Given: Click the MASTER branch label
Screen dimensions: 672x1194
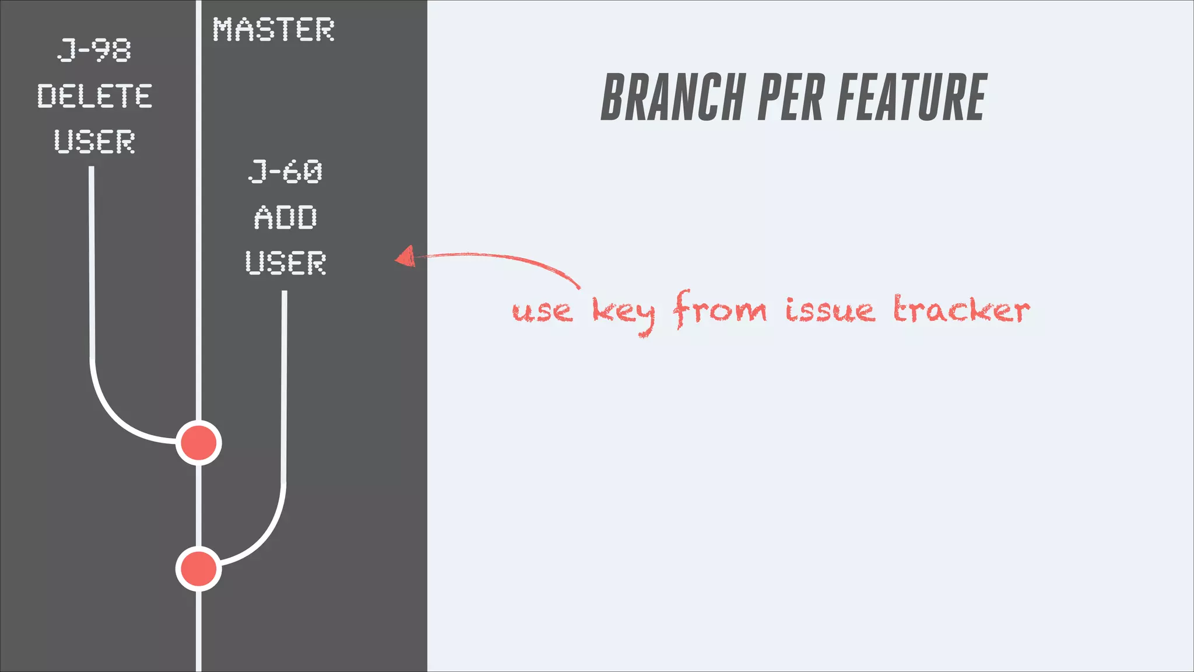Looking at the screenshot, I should [x=273, y=30].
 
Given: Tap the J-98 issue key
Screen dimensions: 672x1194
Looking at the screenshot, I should [x=94, y=50].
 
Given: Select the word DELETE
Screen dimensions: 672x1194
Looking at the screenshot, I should [x=95, y=96].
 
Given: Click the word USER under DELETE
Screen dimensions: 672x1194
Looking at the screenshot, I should [x=94, y=142].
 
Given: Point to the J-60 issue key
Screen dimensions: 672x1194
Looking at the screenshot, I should [x=285, y=172].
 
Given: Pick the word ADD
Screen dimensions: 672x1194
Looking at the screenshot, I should [x=285, y=218].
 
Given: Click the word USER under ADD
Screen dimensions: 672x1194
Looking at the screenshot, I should [x=285, y=263].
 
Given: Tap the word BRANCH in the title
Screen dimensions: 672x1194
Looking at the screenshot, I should [x=673, y=97].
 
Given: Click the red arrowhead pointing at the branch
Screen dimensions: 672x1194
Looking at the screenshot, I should [x=406, y=257].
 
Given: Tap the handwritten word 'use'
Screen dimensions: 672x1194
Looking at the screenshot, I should [x=542, y=311].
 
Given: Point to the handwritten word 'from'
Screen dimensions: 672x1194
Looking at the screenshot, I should [x=720, y=309].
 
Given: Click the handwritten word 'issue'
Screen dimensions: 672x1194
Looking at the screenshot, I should [x=830, y=310].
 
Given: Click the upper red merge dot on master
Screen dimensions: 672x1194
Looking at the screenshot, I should [x=199, y=443].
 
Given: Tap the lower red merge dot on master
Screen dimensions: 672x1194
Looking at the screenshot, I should [x=199, y=569].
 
